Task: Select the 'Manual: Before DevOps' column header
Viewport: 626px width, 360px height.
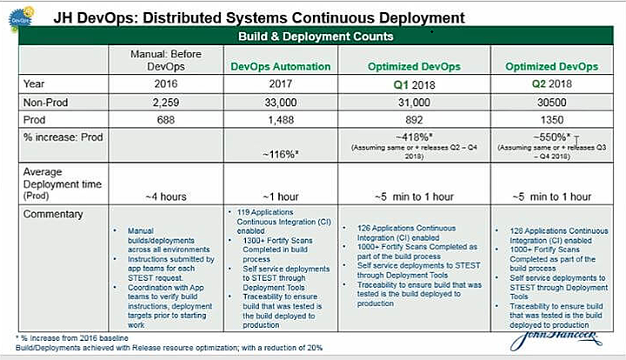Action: [x=155, y=60]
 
